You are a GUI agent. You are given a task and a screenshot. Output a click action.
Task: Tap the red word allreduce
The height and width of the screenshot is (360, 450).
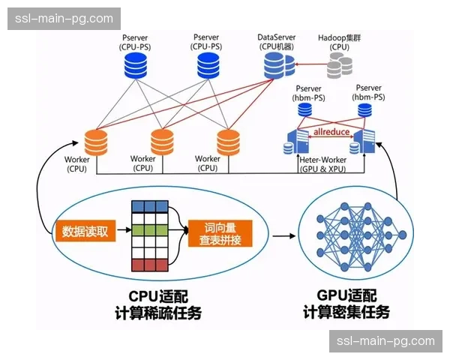(x=331, y=132)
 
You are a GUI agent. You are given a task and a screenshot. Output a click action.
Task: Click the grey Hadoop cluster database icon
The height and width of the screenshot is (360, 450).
(x=339, y=68)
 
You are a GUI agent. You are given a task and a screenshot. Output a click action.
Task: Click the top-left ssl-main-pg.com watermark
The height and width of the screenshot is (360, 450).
(x=66, y=18)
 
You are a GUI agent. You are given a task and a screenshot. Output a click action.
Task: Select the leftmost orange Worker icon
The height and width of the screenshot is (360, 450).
(x=97, y=141)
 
